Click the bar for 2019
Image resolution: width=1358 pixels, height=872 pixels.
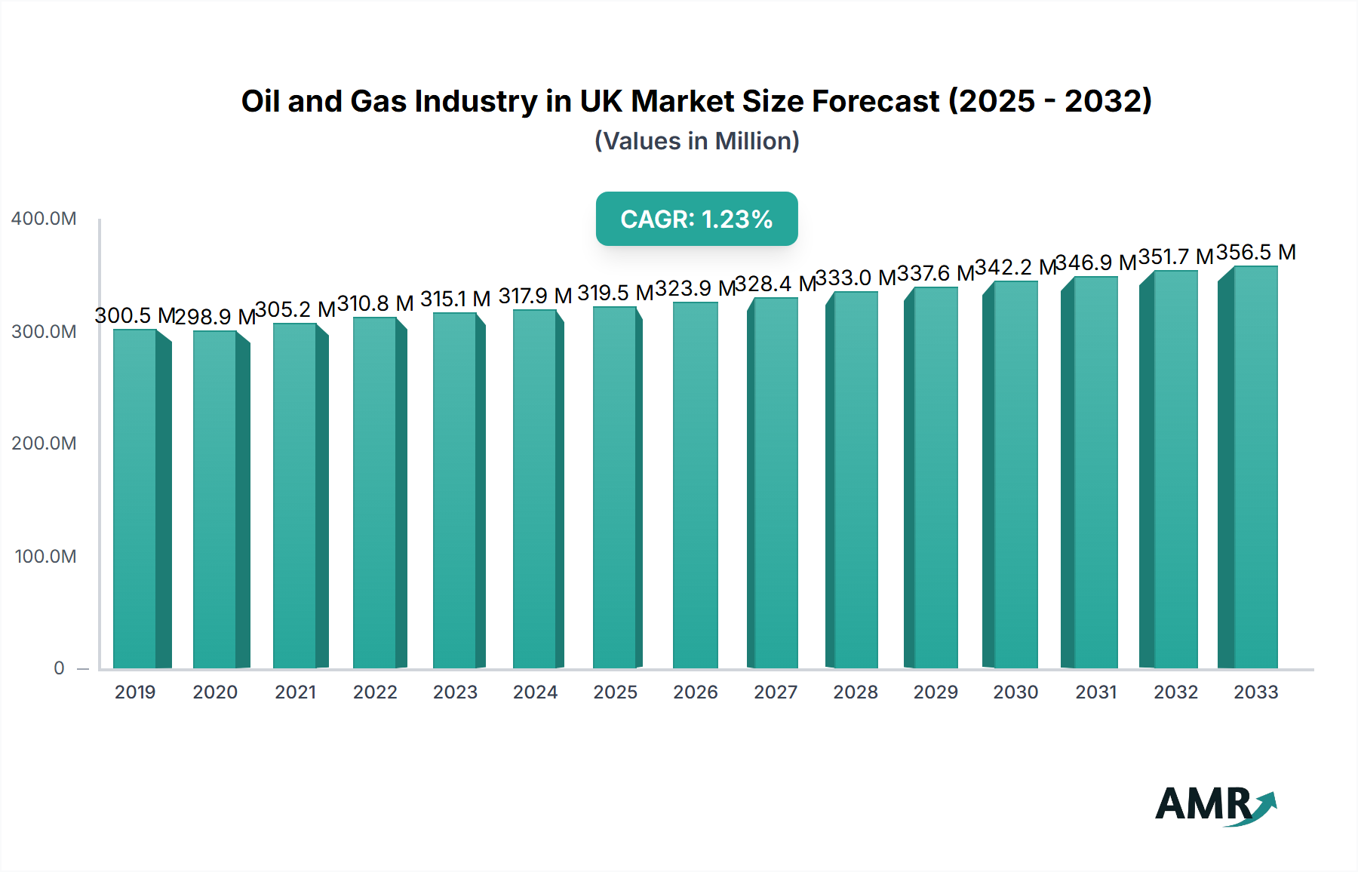[135, 498]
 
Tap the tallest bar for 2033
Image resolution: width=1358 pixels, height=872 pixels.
[1255, 468]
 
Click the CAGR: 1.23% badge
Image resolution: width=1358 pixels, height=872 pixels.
[696, 219]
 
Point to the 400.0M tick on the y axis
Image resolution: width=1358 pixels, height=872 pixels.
[44, 219]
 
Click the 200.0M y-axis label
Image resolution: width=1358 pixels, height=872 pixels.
[44, 444]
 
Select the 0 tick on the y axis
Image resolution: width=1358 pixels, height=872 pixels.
[59, 668]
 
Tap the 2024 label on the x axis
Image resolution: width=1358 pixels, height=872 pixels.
[535, 692]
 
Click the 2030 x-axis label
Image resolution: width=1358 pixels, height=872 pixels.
[1015, 692]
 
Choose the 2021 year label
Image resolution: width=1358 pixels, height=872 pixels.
[295, 692]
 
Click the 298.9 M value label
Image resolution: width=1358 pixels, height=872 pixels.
[215, 317]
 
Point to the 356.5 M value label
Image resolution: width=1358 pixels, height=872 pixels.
[1255, 253]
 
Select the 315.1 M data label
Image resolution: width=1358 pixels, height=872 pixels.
[455, 299]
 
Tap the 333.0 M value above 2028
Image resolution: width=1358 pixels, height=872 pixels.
[856, 278]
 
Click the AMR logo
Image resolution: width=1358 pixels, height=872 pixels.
[1215, 805]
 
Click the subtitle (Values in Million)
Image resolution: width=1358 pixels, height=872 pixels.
[696, 141]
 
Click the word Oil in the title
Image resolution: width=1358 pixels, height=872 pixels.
[260, 101]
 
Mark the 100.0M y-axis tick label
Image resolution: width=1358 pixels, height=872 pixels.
[45, 557]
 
